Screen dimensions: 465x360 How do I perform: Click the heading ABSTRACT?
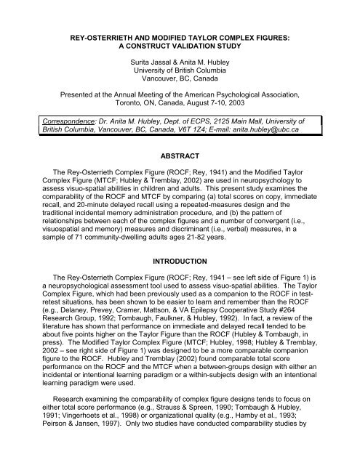pos(180,164)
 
